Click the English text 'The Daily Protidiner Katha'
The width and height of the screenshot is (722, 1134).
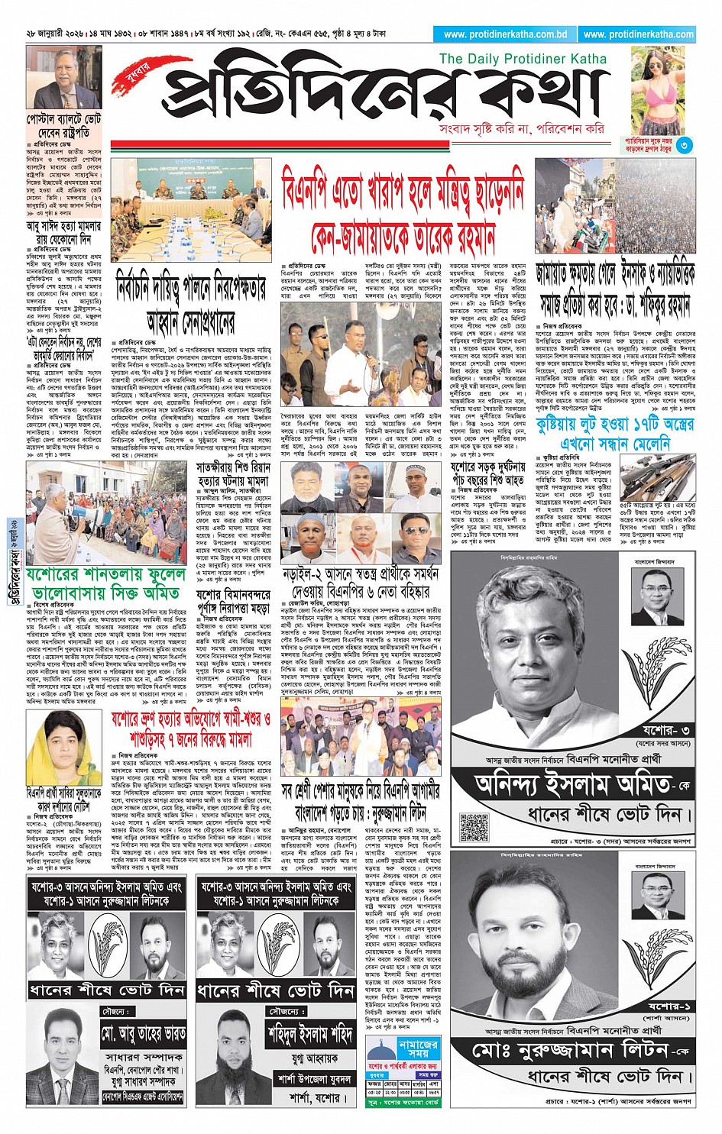click(523, 59)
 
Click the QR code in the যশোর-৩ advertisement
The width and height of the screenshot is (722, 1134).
click(474, 827)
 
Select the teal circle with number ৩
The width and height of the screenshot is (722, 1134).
click(684, 145)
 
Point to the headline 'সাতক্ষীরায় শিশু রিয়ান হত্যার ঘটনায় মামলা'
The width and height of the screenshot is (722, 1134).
click(233, 474)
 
